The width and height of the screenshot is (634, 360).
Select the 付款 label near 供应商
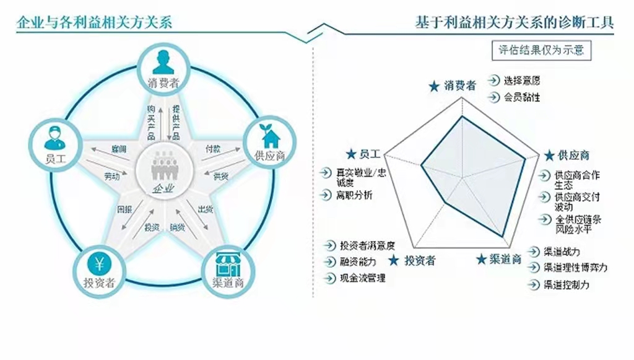[212, 149]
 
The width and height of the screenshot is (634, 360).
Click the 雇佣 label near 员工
[119, 150]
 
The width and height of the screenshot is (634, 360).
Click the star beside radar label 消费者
[434, 86]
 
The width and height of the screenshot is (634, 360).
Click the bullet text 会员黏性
[521, 97]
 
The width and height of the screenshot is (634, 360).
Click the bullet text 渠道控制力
[566, 285]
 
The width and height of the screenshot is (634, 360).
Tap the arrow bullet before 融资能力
[328, 261]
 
